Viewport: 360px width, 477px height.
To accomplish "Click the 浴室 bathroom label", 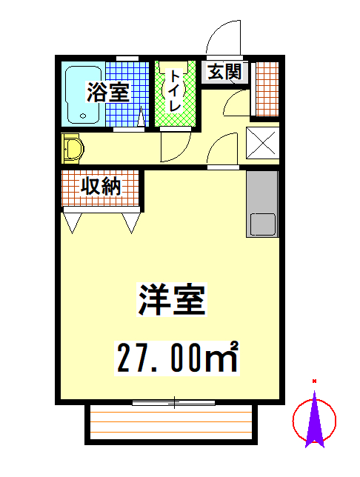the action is pos(108,92).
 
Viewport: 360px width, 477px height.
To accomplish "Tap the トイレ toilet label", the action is pos(175,90).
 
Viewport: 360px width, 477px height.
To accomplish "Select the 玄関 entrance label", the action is pos(225,72).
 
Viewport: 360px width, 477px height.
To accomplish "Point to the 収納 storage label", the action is pos(101,186).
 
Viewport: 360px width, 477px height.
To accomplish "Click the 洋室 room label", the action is pos(172,299).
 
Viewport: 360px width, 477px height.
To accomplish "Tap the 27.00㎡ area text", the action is pos(177,358).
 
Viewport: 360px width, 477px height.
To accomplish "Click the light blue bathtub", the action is pos(84,94).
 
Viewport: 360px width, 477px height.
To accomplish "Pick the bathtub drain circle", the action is pos(83,116).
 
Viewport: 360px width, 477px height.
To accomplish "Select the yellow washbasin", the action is pos(73,149).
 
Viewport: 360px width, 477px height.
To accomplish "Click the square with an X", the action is pos(262,143).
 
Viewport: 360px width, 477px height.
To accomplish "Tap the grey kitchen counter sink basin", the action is pos(262,224).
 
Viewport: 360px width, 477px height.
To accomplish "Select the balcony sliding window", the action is pos(174,403).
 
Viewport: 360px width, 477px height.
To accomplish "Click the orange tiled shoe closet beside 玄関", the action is pos(267,89).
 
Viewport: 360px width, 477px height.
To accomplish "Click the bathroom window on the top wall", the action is pos(127,58).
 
